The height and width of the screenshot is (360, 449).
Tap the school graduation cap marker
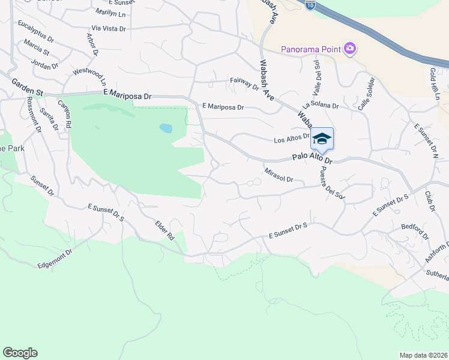(322, 139)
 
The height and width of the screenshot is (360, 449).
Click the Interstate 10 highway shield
(309, 5)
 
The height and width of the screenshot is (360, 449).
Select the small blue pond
(166, 128)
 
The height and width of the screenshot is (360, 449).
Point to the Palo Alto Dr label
(312, 158)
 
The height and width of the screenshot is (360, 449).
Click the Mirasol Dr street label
(279, 175)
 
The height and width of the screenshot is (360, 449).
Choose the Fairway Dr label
(244, 83)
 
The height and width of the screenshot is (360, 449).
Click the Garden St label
(22, 87)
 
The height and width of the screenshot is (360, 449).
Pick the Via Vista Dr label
(108, 28)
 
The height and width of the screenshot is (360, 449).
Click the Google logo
(20, 353)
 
